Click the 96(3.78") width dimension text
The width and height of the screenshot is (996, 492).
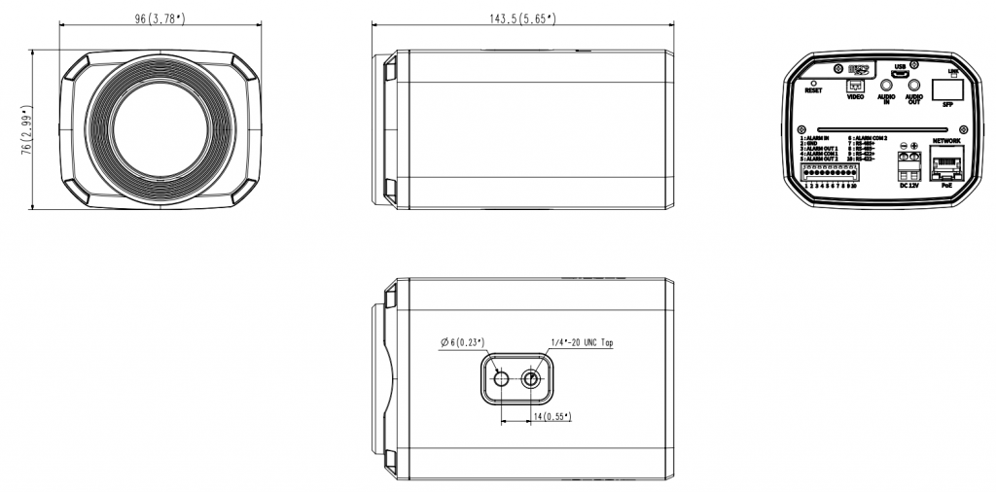160,17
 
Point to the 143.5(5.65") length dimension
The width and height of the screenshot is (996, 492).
523,17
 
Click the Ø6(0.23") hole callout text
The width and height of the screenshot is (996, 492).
462,341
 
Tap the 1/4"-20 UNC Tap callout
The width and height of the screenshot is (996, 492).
582,342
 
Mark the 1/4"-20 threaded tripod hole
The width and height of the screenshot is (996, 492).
532,379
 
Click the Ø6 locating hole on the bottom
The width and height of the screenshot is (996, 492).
500,379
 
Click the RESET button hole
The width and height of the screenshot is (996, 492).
813,84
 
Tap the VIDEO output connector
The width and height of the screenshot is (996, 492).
856,85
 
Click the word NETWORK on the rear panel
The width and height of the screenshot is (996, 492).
946,141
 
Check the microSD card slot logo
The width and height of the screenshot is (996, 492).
858,69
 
